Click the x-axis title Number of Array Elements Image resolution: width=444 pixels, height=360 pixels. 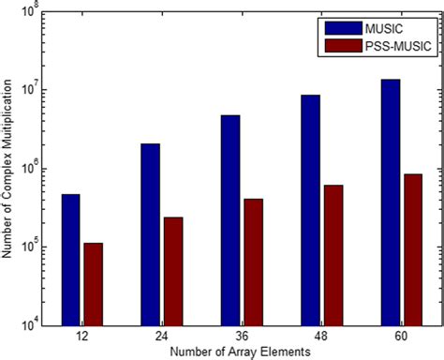tap(242, 351)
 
